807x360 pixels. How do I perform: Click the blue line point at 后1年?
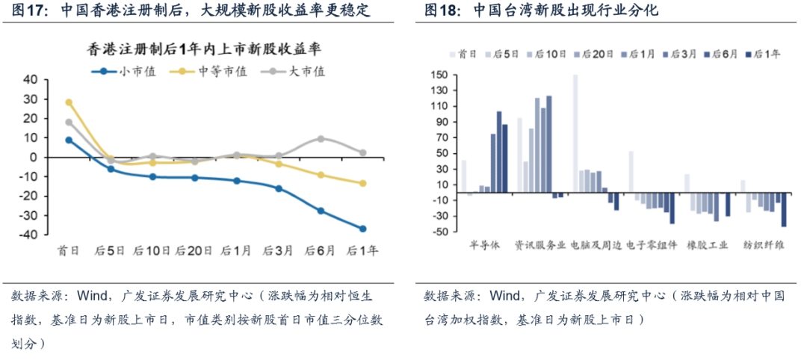point(362,229)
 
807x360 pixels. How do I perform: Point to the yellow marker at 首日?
point(69,102)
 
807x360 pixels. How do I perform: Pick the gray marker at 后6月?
point(321,139)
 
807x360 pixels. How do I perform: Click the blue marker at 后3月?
point(279,188)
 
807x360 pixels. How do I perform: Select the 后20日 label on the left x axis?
point(194,251)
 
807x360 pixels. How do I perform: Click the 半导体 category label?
point(484,244)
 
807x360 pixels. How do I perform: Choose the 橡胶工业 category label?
point(707,244)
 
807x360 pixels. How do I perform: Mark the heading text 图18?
point(440,11)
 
